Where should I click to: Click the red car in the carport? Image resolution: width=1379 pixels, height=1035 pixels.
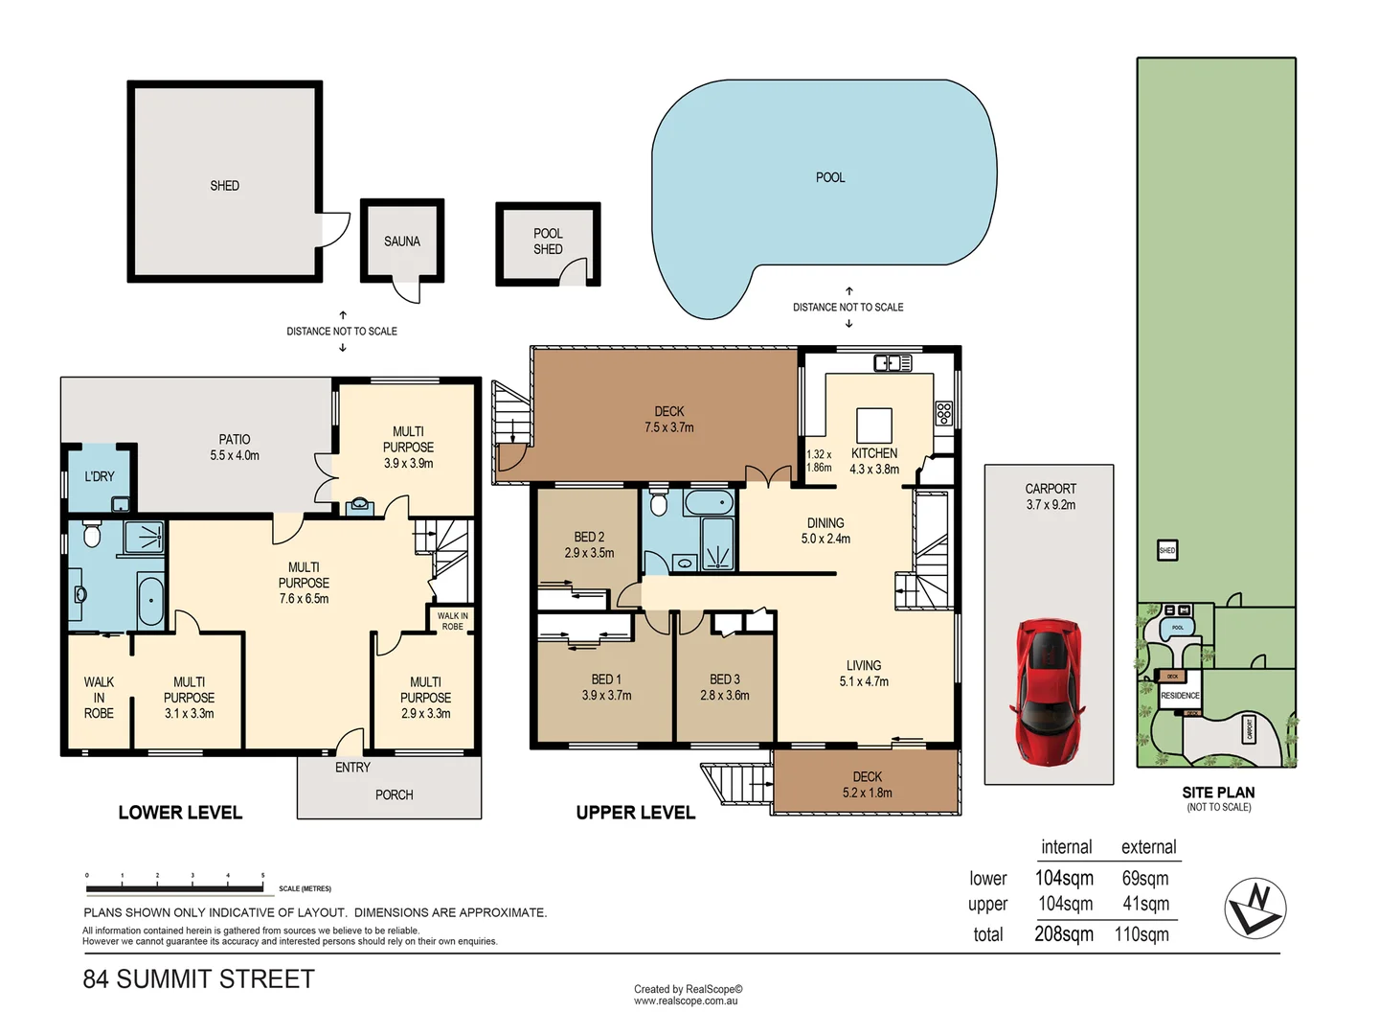pyautogui.click(x=1049, y=691)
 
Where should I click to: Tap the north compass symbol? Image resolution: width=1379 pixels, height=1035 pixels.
pyautogui.click(x=1255, y=908)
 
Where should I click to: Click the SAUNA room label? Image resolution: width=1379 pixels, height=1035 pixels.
pyautogui.click(x=402, y=241)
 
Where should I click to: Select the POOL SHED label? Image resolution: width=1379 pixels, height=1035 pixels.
pyautogui.click(x=548, y=241)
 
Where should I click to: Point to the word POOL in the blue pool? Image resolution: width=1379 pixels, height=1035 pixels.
pyautogui.click(x=830, y=177)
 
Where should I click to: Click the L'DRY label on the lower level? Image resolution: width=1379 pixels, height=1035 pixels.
pyautogui.click(x=99, y=476)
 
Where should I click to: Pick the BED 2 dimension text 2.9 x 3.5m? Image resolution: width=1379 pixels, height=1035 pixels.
pyautogui.click(x=589, y=553)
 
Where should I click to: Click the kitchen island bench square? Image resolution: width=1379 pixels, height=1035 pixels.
pyautogui.click(x=873, y=425)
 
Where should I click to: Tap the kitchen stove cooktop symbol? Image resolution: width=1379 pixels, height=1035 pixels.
pyautogui.click(x=944, y=413)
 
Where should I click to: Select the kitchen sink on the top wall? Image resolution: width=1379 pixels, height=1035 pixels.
pyautogui.click(x=893, y=363)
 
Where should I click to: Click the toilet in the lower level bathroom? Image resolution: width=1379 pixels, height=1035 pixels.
pyautogui.click(x=92, y=534)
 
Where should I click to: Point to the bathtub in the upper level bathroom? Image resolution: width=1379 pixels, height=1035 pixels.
pyautogui.click(x=710, y=502)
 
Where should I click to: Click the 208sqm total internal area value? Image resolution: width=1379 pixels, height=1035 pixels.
pyautogui.click(x=1064, y=934)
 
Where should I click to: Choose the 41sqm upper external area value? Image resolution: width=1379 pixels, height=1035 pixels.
pyautogui.click(x=1145, y=904)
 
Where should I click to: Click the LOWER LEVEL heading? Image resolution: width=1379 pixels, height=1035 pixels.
pyautogui.click(x=180, y=813)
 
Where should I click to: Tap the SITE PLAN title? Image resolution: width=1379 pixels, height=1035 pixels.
pyautogui.click(x=1218, y=793)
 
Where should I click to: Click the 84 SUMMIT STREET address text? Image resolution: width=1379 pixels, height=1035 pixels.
pyautogui.click(x=199, y=979)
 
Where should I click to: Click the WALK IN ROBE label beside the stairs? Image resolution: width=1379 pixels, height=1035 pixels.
pyautogui.click(x=452, y=621)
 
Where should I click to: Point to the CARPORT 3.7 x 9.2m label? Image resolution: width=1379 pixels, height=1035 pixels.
pyautogui.click(x=1051, y=496)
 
